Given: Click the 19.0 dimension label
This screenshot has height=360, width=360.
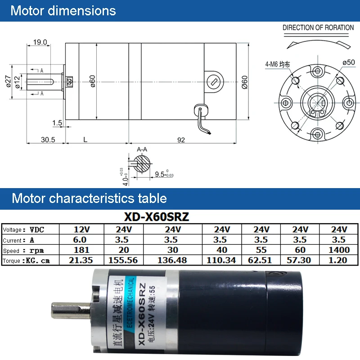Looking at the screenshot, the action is (x=40, y=42).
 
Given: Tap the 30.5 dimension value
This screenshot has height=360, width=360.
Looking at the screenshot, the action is (x=48, y=139).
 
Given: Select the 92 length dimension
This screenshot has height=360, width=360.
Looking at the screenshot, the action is (x=181, y=140).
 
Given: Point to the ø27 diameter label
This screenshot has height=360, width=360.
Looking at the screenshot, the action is (x=8, y=81).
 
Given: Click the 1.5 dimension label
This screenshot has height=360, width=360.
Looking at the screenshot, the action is (x=57, y=123).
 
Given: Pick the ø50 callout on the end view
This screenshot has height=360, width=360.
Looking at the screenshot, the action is (x=349, y=62).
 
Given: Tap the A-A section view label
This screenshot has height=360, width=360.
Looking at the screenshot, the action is (x=142, y=149).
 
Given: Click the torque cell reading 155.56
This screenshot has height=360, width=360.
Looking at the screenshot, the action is (x=123, y=260).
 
